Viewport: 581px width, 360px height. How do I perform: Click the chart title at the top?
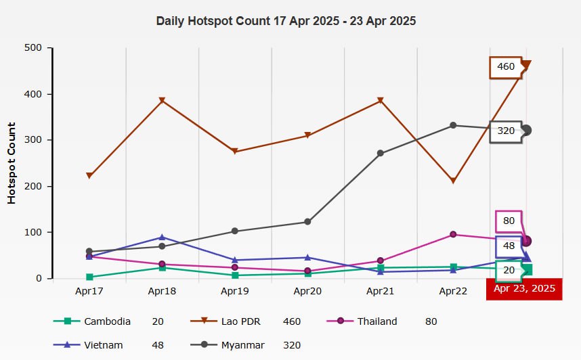click(286, 21)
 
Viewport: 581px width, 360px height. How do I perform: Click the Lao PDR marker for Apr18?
click(162, 101)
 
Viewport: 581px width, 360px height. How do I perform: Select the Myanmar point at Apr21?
click(381, 154)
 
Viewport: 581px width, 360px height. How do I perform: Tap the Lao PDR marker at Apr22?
click(453, 181)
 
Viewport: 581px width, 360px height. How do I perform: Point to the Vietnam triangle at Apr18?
click(162, 237)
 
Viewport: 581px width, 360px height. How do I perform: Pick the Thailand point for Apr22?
click(453, 235)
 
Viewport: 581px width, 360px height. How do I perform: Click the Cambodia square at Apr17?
click(89, 277)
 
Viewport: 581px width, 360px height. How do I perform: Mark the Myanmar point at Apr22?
click(453, 125)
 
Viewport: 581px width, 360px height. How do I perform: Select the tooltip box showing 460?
click(505, 67)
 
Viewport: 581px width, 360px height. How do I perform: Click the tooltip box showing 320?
click(505, 131)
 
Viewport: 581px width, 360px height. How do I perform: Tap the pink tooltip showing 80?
click(509, 221)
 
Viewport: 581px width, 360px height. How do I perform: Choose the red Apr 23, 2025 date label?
click(524, 289)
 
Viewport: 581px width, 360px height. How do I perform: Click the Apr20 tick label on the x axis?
click(307, 290)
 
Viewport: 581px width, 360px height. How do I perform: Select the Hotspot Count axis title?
click(12, 163)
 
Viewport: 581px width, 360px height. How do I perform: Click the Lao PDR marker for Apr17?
click(89, 176)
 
